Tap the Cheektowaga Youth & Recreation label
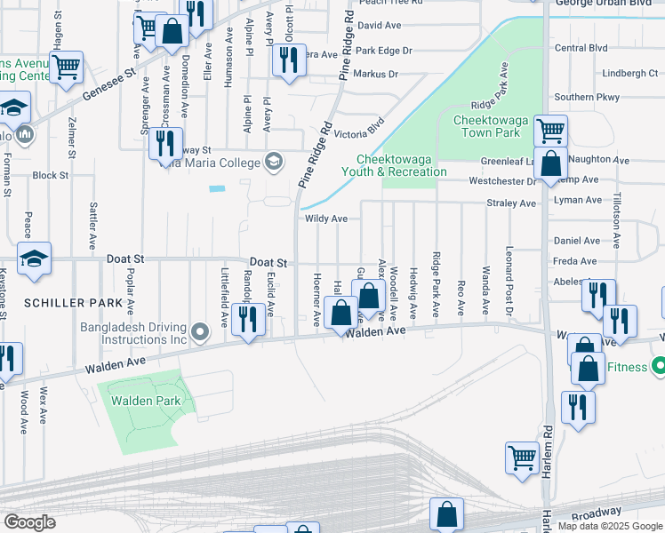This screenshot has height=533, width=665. [396, 165]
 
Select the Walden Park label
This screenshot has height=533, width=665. [145, 401]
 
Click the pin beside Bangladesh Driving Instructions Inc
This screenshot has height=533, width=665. [201, 332]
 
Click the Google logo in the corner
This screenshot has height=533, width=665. [28, 522]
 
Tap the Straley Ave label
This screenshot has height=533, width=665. [512, 203]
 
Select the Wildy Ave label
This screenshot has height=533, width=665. [325, 219]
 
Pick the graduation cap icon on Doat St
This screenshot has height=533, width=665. [34, 259]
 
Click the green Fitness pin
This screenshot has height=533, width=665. [659, 366]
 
